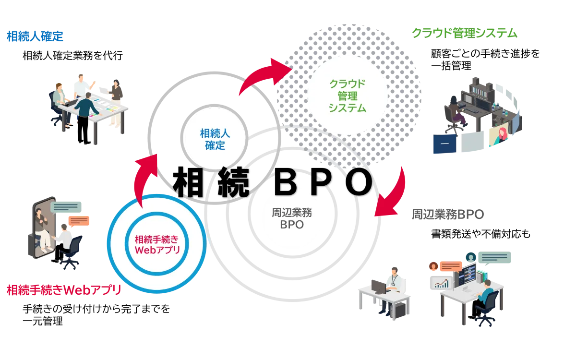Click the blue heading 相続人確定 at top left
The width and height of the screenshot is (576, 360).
35,36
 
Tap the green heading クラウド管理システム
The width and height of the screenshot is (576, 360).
465,33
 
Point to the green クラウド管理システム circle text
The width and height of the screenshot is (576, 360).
347,96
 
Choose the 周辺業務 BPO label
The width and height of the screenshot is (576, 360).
289,218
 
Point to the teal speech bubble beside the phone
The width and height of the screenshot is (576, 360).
68,207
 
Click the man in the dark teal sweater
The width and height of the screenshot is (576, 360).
86,103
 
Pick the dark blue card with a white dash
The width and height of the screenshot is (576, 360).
444,144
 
